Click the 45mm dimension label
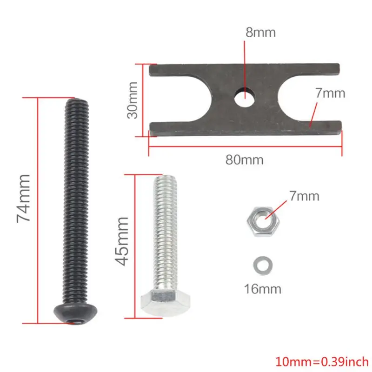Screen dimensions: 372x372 coord(122,240)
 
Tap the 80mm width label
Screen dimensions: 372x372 coord(244,160)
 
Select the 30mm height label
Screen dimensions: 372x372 coord(134,100)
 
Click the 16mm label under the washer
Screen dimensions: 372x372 coord(263,289)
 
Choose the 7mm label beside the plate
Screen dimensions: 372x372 coord(330,93)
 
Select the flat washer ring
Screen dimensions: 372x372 coord(262,266)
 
